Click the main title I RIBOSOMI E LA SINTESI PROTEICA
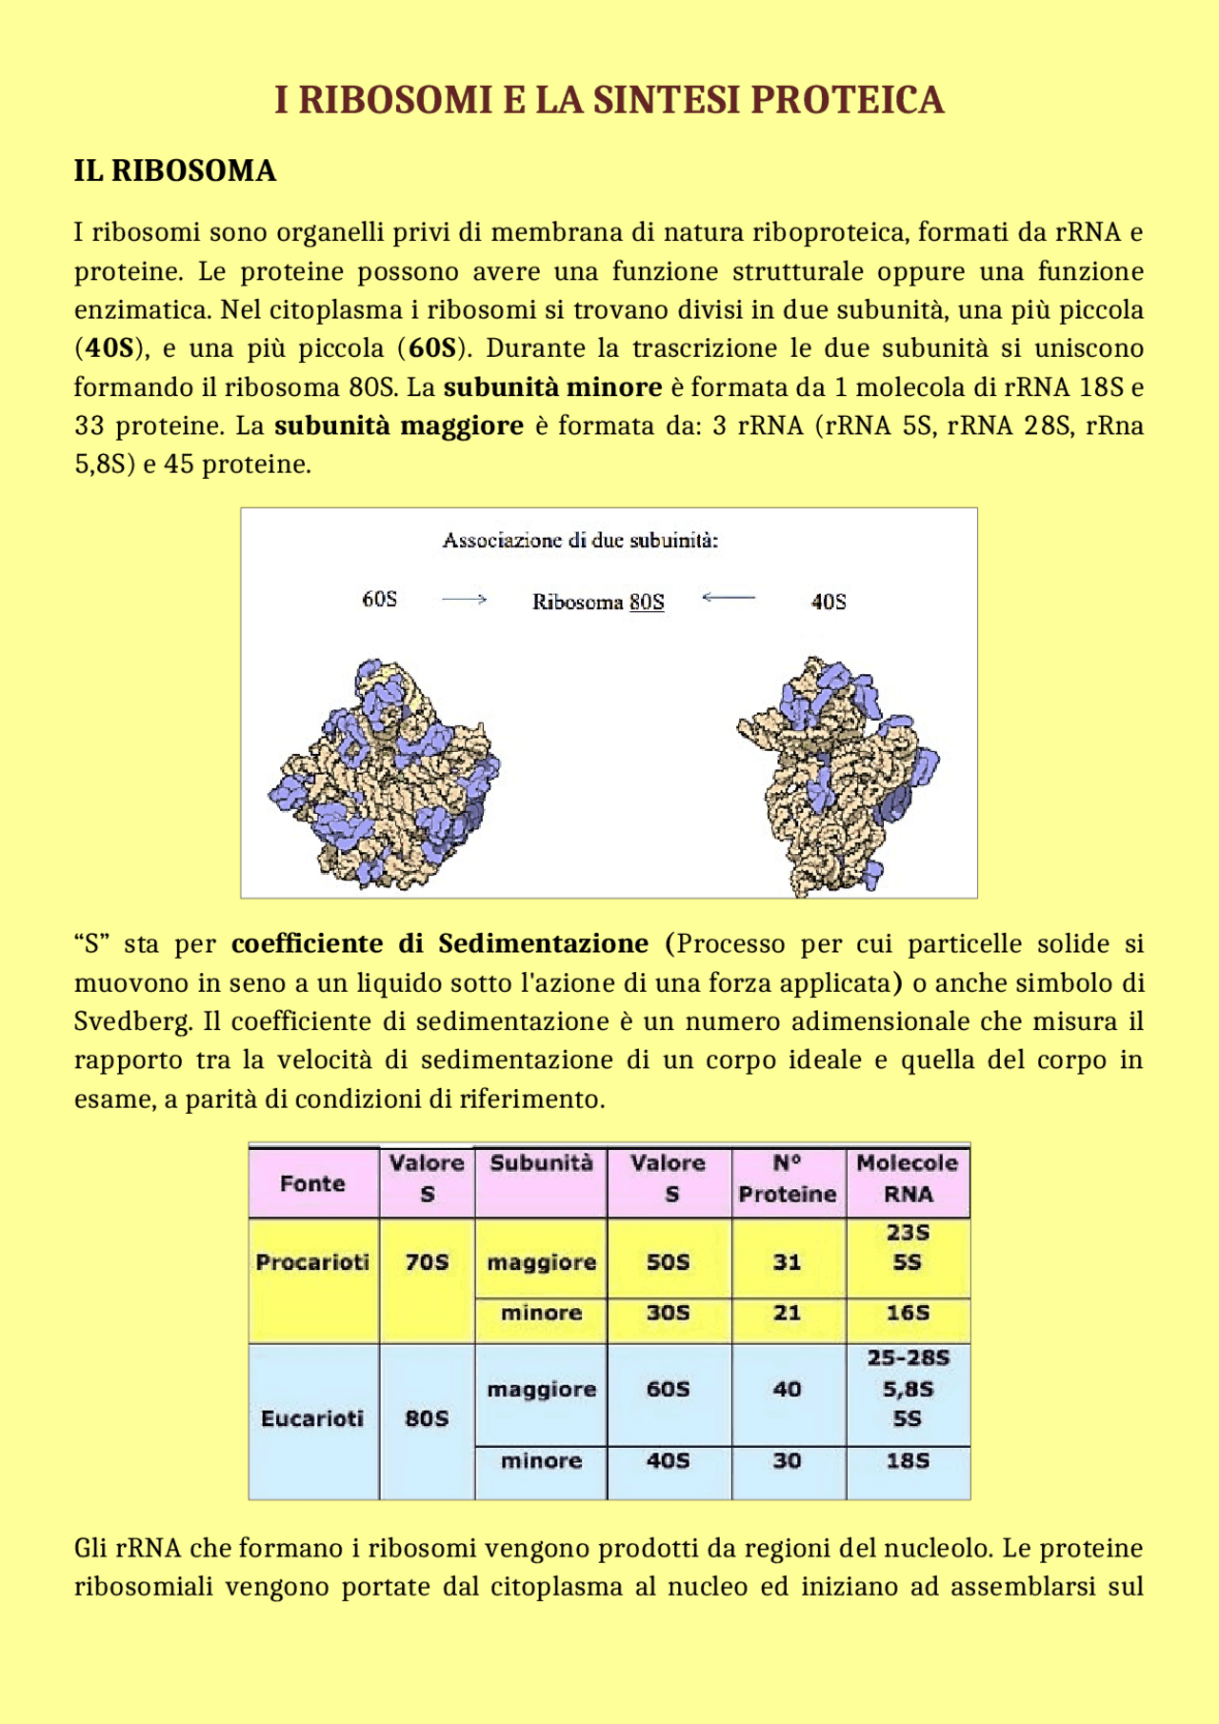(x=609, y=100)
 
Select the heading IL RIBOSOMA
(x=175, y=171)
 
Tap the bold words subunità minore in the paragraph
(x=552, y=387)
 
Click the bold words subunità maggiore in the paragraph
(x=399, y=426)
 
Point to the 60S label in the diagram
(x=379, y=599)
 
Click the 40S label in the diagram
(x=828, y=602)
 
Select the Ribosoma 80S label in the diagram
(x=598, y=602)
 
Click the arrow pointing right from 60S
(x=464, y=600)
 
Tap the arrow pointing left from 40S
(x=729, y=598)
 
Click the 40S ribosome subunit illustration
(x=836, y=776)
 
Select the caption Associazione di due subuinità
(x=580, y=541)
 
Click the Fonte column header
(x=312, y=1183)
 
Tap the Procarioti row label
(x=312, y=1262)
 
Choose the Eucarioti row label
(x=312, y=1418)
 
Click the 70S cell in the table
(x=427, y=1262)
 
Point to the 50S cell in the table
(x=668, y=1262)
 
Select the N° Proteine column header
(x=788, y=1179)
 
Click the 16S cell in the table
(x=908, y=1314)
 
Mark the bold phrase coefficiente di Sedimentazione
(x=440, y=944)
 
